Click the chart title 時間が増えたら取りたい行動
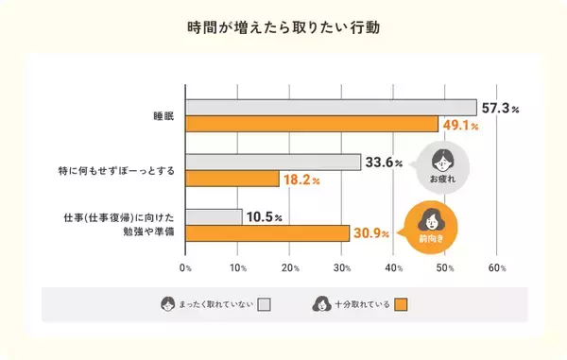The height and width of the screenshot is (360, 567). point(283,27)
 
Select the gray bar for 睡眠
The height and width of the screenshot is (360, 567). point(331,107)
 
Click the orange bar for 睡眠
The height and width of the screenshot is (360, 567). point(312,124)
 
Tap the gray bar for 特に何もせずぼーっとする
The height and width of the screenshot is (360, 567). point(273,162)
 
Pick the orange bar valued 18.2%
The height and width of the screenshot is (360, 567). point(232,179)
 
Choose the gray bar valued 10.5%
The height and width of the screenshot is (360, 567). point(214,216)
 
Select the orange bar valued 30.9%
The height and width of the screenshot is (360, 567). point(266,233)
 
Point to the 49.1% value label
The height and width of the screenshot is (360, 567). point(462,125)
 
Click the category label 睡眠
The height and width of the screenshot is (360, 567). point(163,116)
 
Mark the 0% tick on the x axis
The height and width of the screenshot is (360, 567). point(186,268)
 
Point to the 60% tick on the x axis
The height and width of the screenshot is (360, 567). point(497,268)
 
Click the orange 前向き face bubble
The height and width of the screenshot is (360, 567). point(431,226)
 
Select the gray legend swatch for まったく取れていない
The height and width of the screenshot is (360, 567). point(265,304)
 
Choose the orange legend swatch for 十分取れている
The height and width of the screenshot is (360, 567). point(401,304)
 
